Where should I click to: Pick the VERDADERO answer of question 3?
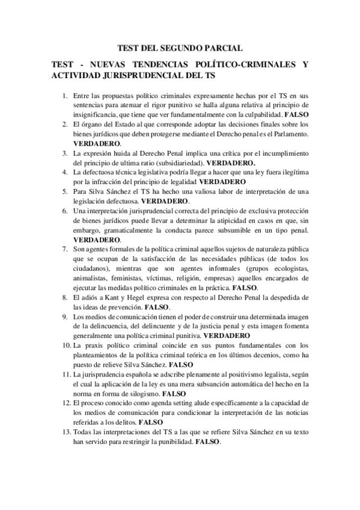(x=231, y=162)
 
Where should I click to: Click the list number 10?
(x=66, y=345)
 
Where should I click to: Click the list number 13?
(x=66, y=432)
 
